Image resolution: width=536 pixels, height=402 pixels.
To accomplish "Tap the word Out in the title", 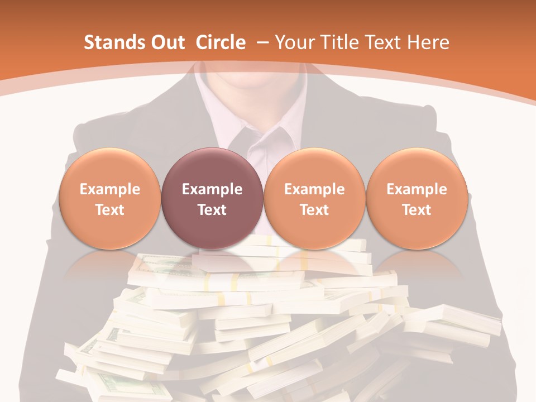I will tap(166, 42).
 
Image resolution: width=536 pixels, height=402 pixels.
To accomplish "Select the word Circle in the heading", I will tap(221, 42).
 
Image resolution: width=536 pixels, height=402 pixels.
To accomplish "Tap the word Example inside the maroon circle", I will tap(212, 189).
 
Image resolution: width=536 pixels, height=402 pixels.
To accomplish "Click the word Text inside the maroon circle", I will tap(212, 210).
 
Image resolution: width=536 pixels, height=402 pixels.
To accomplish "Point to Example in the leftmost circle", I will tap(110, 189).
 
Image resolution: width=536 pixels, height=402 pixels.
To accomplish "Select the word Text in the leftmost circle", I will tap(110, 210).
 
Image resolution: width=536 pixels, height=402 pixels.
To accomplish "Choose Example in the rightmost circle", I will tap(417, 189).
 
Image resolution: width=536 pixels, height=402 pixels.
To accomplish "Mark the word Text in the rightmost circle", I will tap(417, 210).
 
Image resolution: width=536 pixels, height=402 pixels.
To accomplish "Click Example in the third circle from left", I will tap(314, 189).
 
